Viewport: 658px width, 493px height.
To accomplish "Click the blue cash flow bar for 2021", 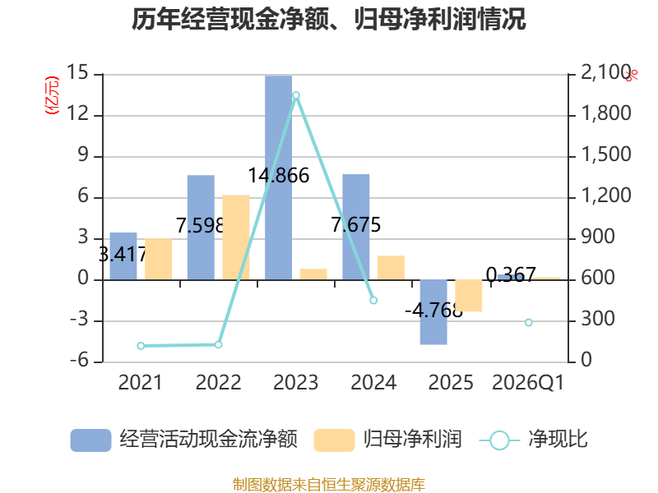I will coord(123,256).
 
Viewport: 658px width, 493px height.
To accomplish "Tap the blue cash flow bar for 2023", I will coord(278,177).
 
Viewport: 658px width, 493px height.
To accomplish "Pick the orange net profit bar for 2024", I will coord(392,267).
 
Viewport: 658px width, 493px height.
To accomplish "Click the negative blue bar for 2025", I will coord(433,312).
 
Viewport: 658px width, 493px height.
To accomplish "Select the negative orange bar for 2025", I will coord(469,296).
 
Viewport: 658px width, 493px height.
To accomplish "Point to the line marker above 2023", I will coord(296,95).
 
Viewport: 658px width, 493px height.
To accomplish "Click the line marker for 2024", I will coord(373,301).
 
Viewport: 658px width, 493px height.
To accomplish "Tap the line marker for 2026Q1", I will coord(529,322).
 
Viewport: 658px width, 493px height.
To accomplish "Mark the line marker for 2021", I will coord(141,346).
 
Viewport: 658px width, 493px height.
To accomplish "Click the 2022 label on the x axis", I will coord(218,383).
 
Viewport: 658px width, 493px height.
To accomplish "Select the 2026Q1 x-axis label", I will coord(528,383).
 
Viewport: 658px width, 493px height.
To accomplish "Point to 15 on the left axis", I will coord(78,73).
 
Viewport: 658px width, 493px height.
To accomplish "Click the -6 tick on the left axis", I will coord(78,362).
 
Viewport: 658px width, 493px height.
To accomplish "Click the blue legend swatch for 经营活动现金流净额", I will coord(90,440).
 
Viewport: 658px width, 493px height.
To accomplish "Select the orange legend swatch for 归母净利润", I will coord(334,440).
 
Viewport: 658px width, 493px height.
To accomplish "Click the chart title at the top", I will coord(329,20).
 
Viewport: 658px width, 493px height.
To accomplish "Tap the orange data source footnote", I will coord(329,484).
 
